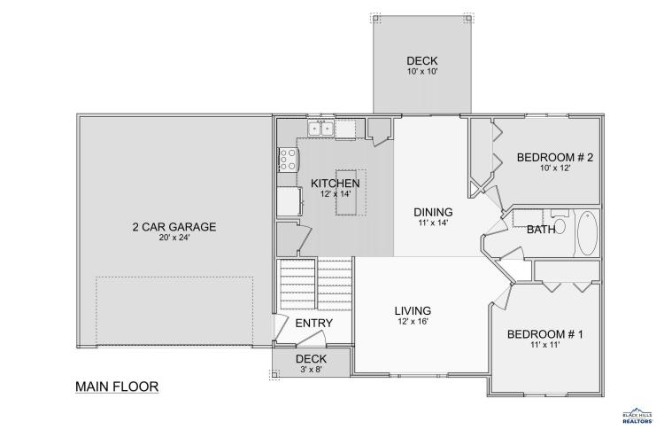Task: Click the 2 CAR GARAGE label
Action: [174, 227]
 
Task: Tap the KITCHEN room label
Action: [336, 184]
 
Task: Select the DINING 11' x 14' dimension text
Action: [433, 223]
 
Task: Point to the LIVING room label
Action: [413, 311]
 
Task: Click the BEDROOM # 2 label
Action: [555, 158]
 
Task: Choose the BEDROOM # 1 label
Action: [545, 334]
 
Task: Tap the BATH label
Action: [541, 230]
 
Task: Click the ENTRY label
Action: [313, 323]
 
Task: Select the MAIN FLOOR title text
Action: [117, 387]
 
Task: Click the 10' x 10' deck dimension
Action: [422, 71]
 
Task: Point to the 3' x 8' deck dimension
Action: [312, 370]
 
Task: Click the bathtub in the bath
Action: [587, 233]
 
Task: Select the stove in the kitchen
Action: [288, 160]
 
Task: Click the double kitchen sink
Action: [320, 128]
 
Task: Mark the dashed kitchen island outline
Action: [351, 192]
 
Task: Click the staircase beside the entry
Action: [316, 285]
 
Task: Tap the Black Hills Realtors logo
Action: [637, 415]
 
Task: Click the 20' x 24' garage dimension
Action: [174, 238]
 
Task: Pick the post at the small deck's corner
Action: [274, 374]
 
